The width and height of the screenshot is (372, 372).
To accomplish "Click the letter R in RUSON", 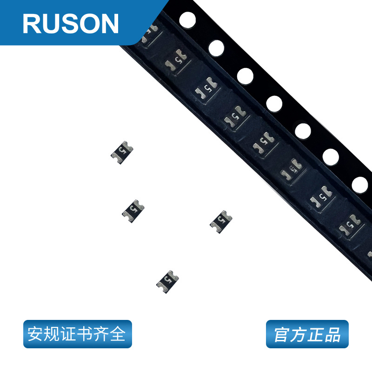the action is (32, 23).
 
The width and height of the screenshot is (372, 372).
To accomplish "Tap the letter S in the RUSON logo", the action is (69, 23).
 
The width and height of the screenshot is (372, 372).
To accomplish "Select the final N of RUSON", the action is (108, 23).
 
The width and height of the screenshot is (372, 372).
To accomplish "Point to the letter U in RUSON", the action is (50, 23).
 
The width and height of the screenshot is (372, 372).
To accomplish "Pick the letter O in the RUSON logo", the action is (88, 23).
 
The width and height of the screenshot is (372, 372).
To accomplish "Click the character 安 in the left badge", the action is (35, 334).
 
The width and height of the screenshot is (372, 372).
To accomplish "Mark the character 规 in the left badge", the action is (52, 334).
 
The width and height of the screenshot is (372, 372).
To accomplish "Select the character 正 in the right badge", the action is (315, 334).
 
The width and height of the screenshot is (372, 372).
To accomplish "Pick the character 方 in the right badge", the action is (299, 334).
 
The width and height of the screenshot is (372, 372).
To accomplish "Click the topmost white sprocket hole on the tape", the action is (187, 20).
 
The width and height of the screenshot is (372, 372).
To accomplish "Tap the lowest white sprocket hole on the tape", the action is (360, 185).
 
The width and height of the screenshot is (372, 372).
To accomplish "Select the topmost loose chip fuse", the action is (122, 152).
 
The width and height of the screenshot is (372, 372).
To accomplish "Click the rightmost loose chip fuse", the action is (221, 221).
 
